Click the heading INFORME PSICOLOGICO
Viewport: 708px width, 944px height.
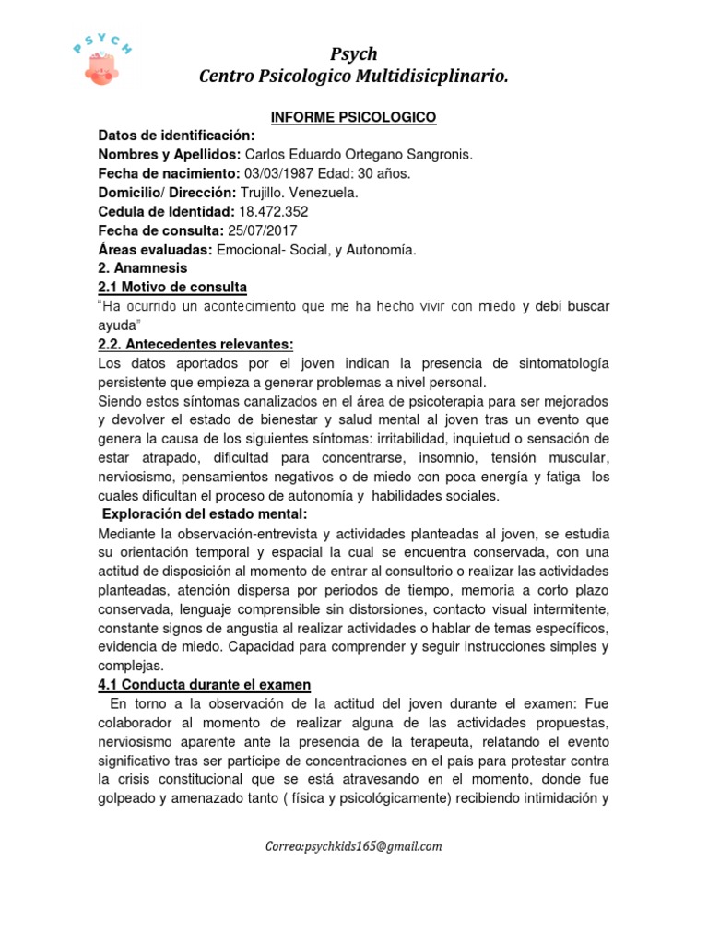pos(353,118)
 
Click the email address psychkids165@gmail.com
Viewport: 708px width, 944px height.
pos(353,845)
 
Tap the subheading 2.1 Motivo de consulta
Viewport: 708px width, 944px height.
pos(172,287)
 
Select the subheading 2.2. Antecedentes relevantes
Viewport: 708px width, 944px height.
pos(195,344)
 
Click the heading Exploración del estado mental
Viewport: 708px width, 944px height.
pos(204,513)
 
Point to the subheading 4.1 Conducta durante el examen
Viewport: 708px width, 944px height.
pos(204,684)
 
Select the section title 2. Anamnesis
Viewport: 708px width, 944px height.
pos(143,268)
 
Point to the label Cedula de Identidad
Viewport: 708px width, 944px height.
pos(159,212)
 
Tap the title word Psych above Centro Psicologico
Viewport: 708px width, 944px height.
pos(354,54)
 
